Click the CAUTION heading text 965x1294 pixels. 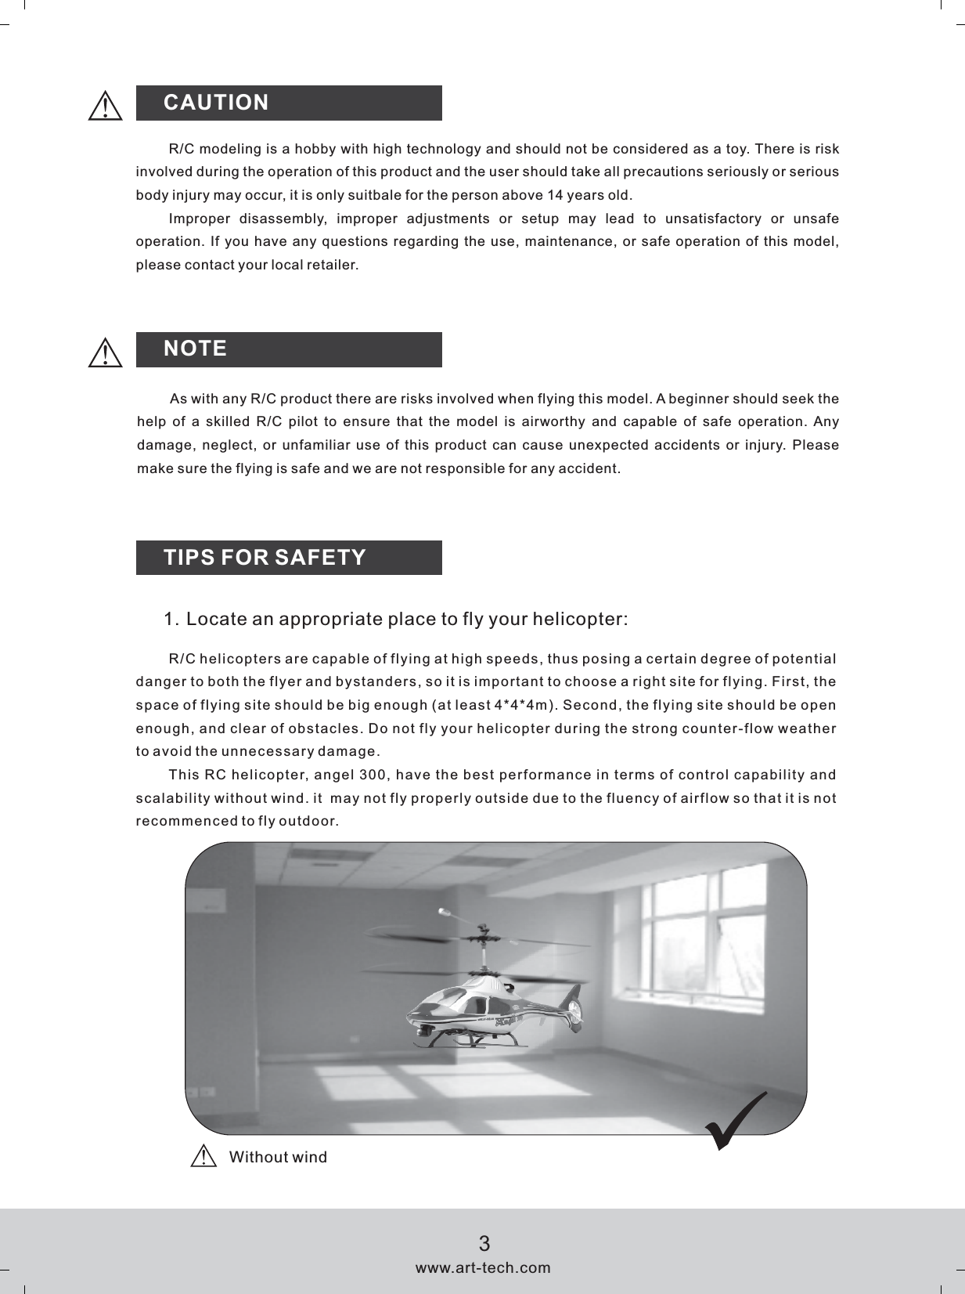click(x=216, y=103)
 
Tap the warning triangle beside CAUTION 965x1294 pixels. click(x=105, y=105)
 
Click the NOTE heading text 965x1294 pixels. click(x=196, y=349)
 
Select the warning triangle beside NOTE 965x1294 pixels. click(x=105, y=352)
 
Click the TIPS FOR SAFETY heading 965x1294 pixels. click(x=265, y=558)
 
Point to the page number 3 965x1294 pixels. click(x=484, y=1243)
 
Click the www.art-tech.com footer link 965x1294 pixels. click(x=483, y=1267)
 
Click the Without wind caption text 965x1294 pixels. click(x=278, y=1158)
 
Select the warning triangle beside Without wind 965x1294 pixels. click(x=203, y=1157)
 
